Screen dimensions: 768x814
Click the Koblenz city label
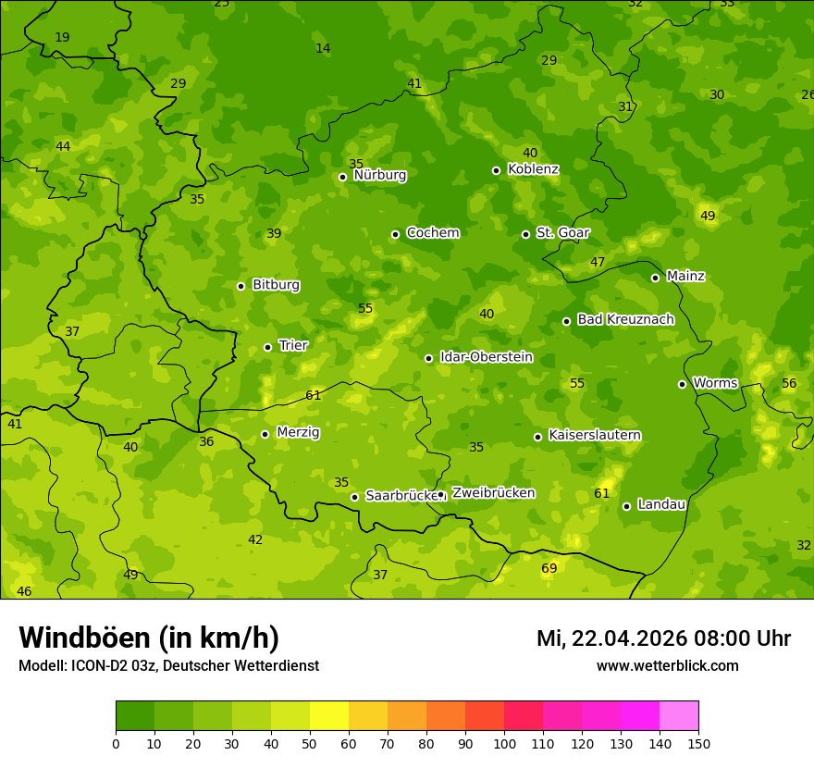click(x=533, y=169)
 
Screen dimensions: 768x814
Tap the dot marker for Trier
click(x=267, y=347)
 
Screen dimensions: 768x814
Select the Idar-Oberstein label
click(x=486, y=357)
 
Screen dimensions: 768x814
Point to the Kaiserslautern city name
click(x=594, y=435)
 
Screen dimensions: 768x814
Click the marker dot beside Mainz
click(x=655, y=278)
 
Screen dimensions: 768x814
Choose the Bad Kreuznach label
click(x=625, y=319)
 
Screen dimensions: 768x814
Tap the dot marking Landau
click(x=626, y=506)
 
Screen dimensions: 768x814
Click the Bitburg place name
click(x=276, y=285)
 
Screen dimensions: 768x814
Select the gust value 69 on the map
click(x=549, y=568)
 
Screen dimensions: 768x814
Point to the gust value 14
click(x=322, y=48)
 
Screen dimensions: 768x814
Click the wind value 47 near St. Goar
click(x=598, y=262)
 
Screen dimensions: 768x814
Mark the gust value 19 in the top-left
click(x=62, y=37)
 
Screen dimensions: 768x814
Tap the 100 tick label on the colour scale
click(x=504, y=743)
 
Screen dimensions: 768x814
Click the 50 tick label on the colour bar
click(x=310, y=743)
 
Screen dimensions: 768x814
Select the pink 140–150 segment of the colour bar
click(x=679, y=716)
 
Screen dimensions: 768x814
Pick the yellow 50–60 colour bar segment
click(x=329, y=716)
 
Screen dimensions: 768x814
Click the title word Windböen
click(x=84, y=638)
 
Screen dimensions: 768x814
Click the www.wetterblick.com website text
click(x=667, y=666)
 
